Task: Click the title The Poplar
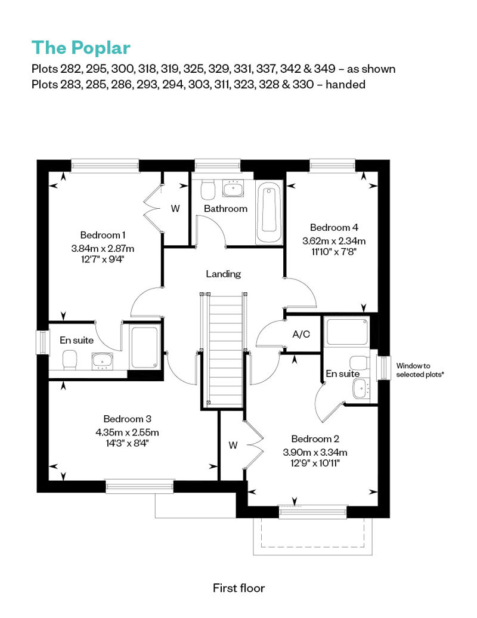pyautogui.click(x=80, y=47)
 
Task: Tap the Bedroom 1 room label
pyautogui.click(x=103, y=235)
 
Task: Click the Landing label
pyautogui.click(x=224, y=274)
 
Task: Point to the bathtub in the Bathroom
pyautogui.click(x=270, y=212)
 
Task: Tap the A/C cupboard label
pyautogui.click(x=301, y=334)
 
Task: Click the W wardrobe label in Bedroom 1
pyautogui.click(x=175, y=209)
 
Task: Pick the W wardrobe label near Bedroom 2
pyautogui.click(x=234, y=445)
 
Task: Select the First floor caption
pyautogui.click(x=238, y=588)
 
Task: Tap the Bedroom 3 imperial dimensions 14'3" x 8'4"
pyautogui.click(x=131, y=443)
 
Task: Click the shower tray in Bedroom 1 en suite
pyautogui.click(x=144, y=346)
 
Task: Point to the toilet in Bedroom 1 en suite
pyautogui.click(x=70, y=359)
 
